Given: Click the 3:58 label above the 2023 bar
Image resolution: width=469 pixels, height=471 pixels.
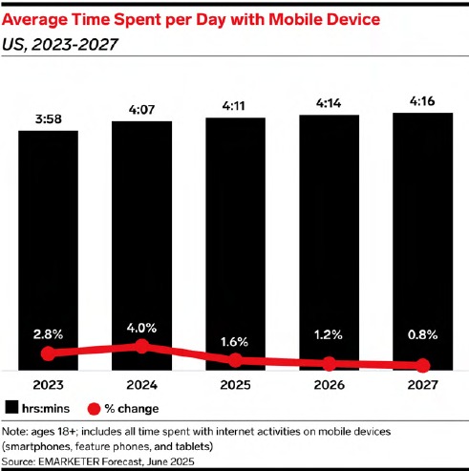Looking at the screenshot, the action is point(49,119).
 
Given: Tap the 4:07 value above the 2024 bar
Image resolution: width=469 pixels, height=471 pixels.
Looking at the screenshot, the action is point(142,110).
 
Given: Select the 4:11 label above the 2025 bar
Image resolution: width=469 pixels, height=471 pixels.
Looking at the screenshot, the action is point(234,106).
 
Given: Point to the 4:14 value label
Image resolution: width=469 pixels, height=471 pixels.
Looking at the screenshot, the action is point(329,103).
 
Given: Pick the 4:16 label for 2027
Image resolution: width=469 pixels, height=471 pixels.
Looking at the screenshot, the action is point(422,101).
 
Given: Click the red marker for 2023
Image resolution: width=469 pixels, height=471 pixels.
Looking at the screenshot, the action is point(49,353).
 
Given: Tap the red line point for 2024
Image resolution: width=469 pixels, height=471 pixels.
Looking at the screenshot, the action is point(142,346).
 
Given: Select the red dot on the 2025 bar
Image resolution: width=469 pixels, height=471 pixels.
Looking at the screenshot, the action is point(236,360).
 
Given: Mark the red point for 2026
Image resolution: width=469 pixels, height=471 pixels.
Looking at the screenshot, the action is point(330,363).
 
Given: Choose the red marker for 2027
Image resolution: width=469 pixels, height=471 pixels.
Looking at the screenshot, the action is point(423,365).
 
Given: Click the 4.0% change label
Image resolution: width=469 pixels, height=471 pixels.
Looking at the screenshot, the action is point(141,328).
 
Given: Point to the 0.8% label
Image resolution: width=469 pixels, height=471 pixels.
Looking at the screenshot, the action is point(423,334).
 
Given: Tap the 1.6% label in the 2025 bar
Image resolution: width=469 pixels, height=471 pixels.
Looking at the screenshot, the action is point(234,342).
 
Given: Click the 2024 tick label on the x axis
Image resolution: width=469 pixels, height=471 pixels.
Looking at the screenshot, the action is point(142,385).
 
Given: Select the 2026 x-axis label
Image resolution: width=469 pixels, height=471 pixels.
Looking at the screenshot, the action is point(330,385).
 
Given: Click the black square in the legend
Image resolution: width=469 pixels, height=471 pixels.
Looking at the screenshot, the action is point(11,408).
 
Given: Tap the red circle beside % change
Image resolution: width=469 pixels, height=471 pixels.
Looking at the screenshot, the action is point(94,409).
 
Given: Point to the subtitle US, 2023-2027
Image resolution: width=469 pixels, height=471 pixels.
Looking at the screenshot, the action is point(60,44).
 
